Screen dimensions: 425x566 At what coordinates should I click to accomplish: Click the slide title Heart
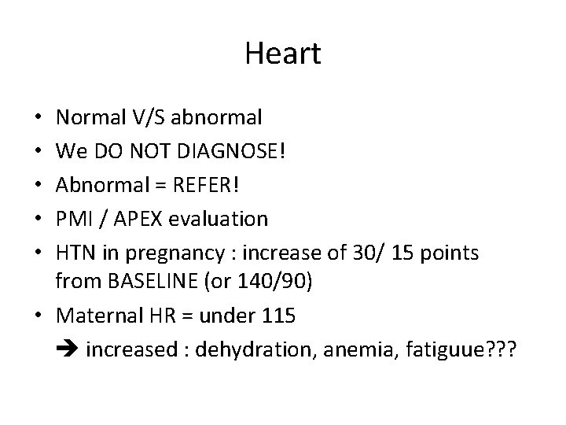(x=283, y=54)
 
